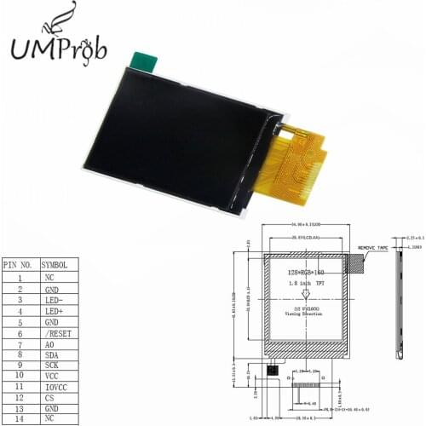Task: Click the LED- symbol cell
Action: tap(55, 301)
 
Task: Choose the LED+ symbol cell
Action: tap(55, 312)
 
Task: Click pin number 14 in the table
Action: tap(19, 420)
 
